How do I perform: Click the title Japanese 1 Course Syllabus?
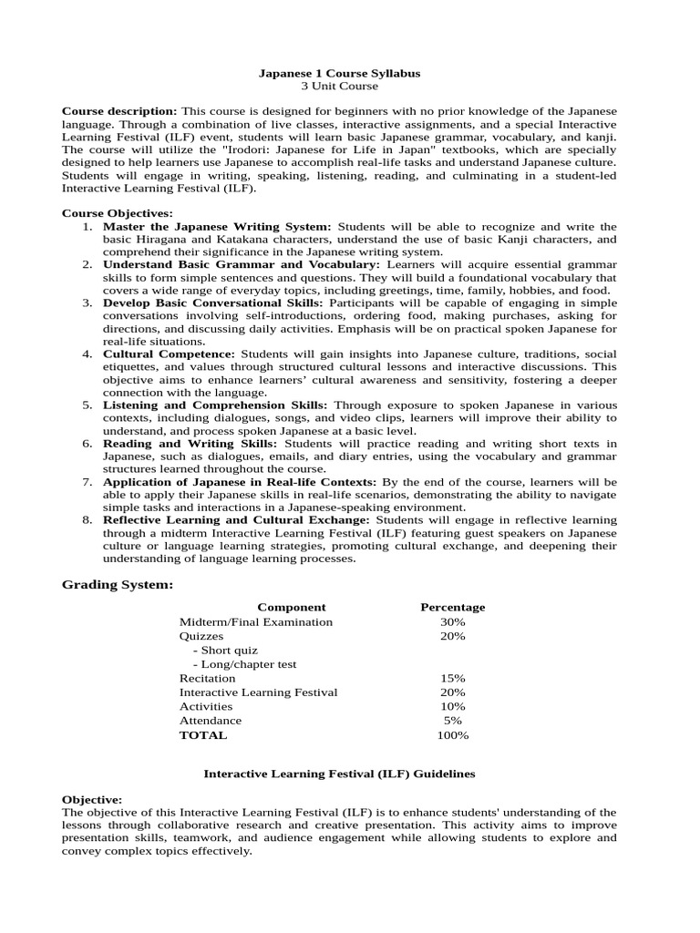click(x=339, y=72)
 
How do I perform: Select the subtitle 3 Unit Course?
click(x=339, y=86)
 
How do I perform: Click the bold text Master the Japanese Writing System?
click(x=217, y=226)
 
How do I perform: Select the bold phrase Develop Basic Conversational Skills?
click(x=212, y=302)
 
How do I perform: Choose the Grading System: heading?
click(x=117, y=584)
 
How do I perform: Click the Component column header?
click(x=291, y=607)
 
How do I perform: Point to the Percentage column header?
click(x=452, y=607)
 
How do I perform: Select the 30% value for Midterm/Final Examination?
click(x=452, y=621)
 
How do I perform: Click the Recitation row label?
click(x=207, y=678)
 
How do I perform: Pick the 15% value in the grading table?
click(x=452, y=678)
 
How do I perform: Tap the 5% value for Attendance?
click(x=452, y=721)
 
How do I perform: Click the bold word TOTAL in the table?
click(x=203, y=734)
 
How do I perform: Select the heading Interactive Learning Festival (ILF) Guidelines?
click(x=339, y=774)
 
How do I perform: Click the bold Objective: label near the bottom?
click(x=91, y=799)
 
